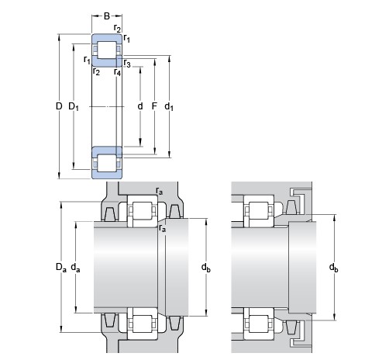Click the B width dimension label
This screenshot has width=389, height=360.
click(x=107, y=16)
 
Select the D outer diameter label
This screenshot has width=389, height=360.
click(x=59, y=106)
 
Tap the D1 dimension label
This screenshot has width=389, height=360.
click(x=74, y=106)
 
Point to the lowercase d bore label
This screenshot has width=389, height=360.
click(x=140, y=106)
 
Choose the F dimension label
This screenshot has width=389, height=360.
click(x=154, y=106)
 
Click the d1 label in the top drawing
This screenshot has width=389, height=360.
click(x=169, y=106)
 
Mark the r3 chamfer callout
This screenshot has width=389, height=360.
click(x=127, y=63)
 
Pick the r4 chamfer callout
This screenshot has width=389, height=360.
click(x=117, y=72)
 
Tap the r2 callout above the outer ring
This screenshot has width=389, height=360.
click(x=117, y=29)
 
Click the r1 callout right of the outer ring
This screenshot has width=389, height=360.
click(x=126, y=39)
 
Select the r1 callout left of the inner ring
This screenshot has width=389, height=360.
click(x=87, y=60)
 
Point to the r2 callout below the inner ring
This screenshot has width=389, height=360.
click(x=96, y=71)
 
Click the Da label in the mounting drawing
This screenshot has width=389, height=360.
click(x=61, y=267)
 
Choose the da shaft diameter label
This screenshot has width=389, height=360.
click(x=75, y=268)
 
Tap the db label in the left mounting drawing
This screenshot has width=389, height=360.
click(x=206, y=268)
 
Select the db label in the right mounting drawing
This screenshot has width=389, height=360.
click(x=333, y=268)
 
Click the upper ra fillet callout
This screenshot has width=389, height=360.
click(x=160, y=191)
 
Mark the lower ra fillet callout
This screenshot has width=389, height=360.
click(x=162, y=228)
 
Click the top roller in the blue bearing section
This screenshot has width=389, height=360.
click(x=107, y=50)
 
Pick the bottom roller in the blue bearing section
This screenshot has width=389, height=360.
click(x=107, y=163)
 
